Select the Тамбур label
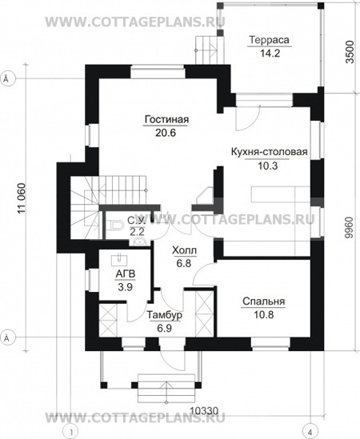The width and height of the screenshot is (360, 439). point(165,314)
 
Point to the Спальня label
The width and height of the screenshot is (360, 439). point(264,301)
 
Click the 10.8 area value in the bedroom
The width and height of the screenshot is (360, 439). point(264,317)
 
